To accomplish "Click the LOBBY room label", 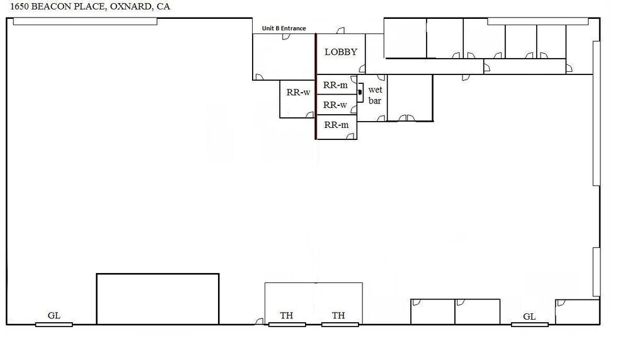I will coord(341,52).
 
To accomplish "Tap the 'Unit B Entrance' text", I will coord(284,28).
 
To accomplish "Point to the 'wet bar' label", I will coord(375,95).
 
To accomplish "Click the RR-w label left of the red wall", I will coord(298,92).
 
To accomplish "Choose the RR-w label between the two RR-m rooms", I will coord(335,105).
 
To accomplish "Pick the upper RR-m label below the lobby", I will coord(335,84).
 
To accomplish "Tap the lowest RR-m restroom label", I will coord(336,125).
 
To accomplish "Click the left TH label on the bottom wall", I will coord(287,315).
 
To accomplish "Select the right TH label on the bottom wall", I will coord(339,315).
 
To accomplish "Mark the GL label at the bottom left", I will coord(54,315).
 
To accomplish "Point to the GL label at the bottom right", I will coord(529,316).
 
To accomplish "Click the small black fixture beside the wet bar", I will coord(360,93).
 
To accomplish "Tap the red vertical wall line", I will coord(316,88).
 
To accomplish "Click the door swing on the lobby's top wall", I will coord(341,31).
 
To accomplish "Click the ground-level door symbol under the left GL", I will coord(54,324).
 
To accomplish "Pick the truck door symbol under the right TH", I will coord(340,324).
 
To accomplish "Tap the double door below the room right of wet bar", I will coord(407,118).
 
